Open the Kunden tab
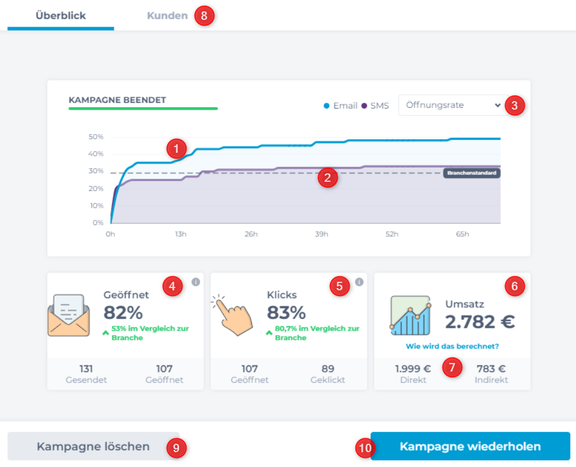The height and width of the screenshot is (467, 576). tap(167, 16)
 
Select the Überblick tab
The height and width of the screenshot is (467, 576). tap(60, 16)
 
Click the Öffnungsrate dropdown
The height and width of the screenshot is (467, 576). tap(450, 105)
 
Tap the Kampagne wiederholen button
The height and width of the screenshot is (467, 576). tap(470, 446)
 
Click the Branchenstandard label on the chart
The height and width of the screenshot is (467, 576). tap(471, 173)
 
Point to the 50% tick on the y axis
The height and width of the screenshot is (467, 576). tap(96, 137)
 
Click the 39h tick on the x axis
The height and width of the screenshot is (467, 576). tap(321, 234)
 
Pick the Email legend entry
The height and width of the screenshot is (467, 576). tap(341, 106)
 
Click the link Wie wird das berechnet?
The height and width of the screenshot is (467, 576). tap(452, 347)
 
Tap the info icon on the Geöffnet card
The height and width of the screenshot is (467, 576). tap(196, 282)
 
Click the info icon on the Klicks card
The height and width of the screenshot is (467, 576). tap(359, 282)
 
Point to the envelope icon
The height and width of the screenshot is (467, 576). tap(69, 315)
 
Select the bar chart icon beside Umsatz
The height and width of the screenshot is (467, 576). tap(410, 314)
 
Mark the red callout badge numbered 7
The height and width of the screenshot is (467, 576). tap(452, 368)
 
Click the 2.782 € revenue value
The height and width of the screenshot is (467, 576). tap(480, 322)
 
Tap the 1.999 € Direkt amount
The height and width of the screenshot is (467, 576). tap(413, 369)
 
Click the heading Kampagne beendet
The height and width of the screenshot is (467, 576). tap(117, 100)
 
